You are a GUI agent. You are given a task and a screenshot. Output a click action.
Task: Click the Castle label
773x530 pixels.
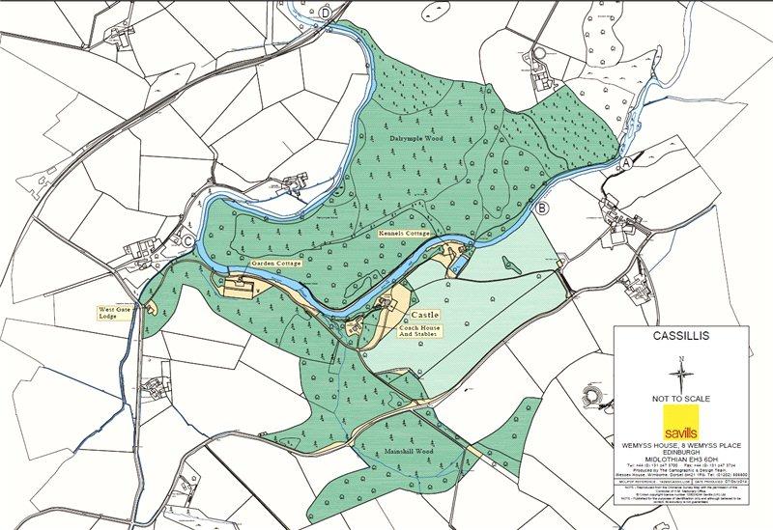426,315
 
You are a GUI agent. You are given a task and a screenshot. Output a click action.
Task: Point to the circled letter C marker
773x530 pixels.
187,241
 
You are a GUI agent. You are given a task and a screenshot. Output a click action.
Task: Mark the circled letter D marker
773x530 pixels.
326,12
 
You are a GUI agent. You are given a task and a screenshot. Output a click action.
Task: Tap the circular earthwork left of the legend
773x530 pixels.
590,396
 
